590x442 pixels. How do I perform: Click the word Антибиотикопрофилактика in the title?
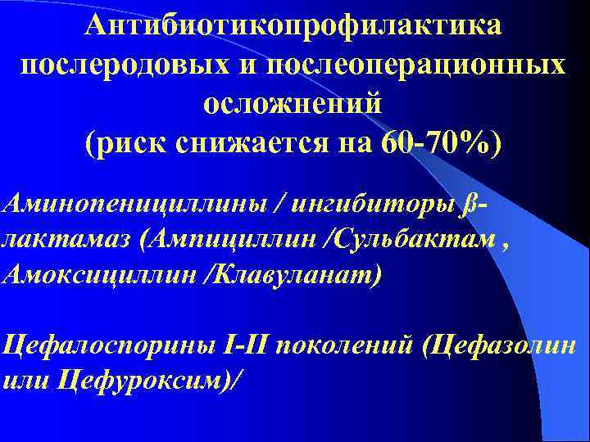pos(294,26)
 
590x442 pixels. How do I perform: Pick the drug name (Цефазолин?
pos(499,346)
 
